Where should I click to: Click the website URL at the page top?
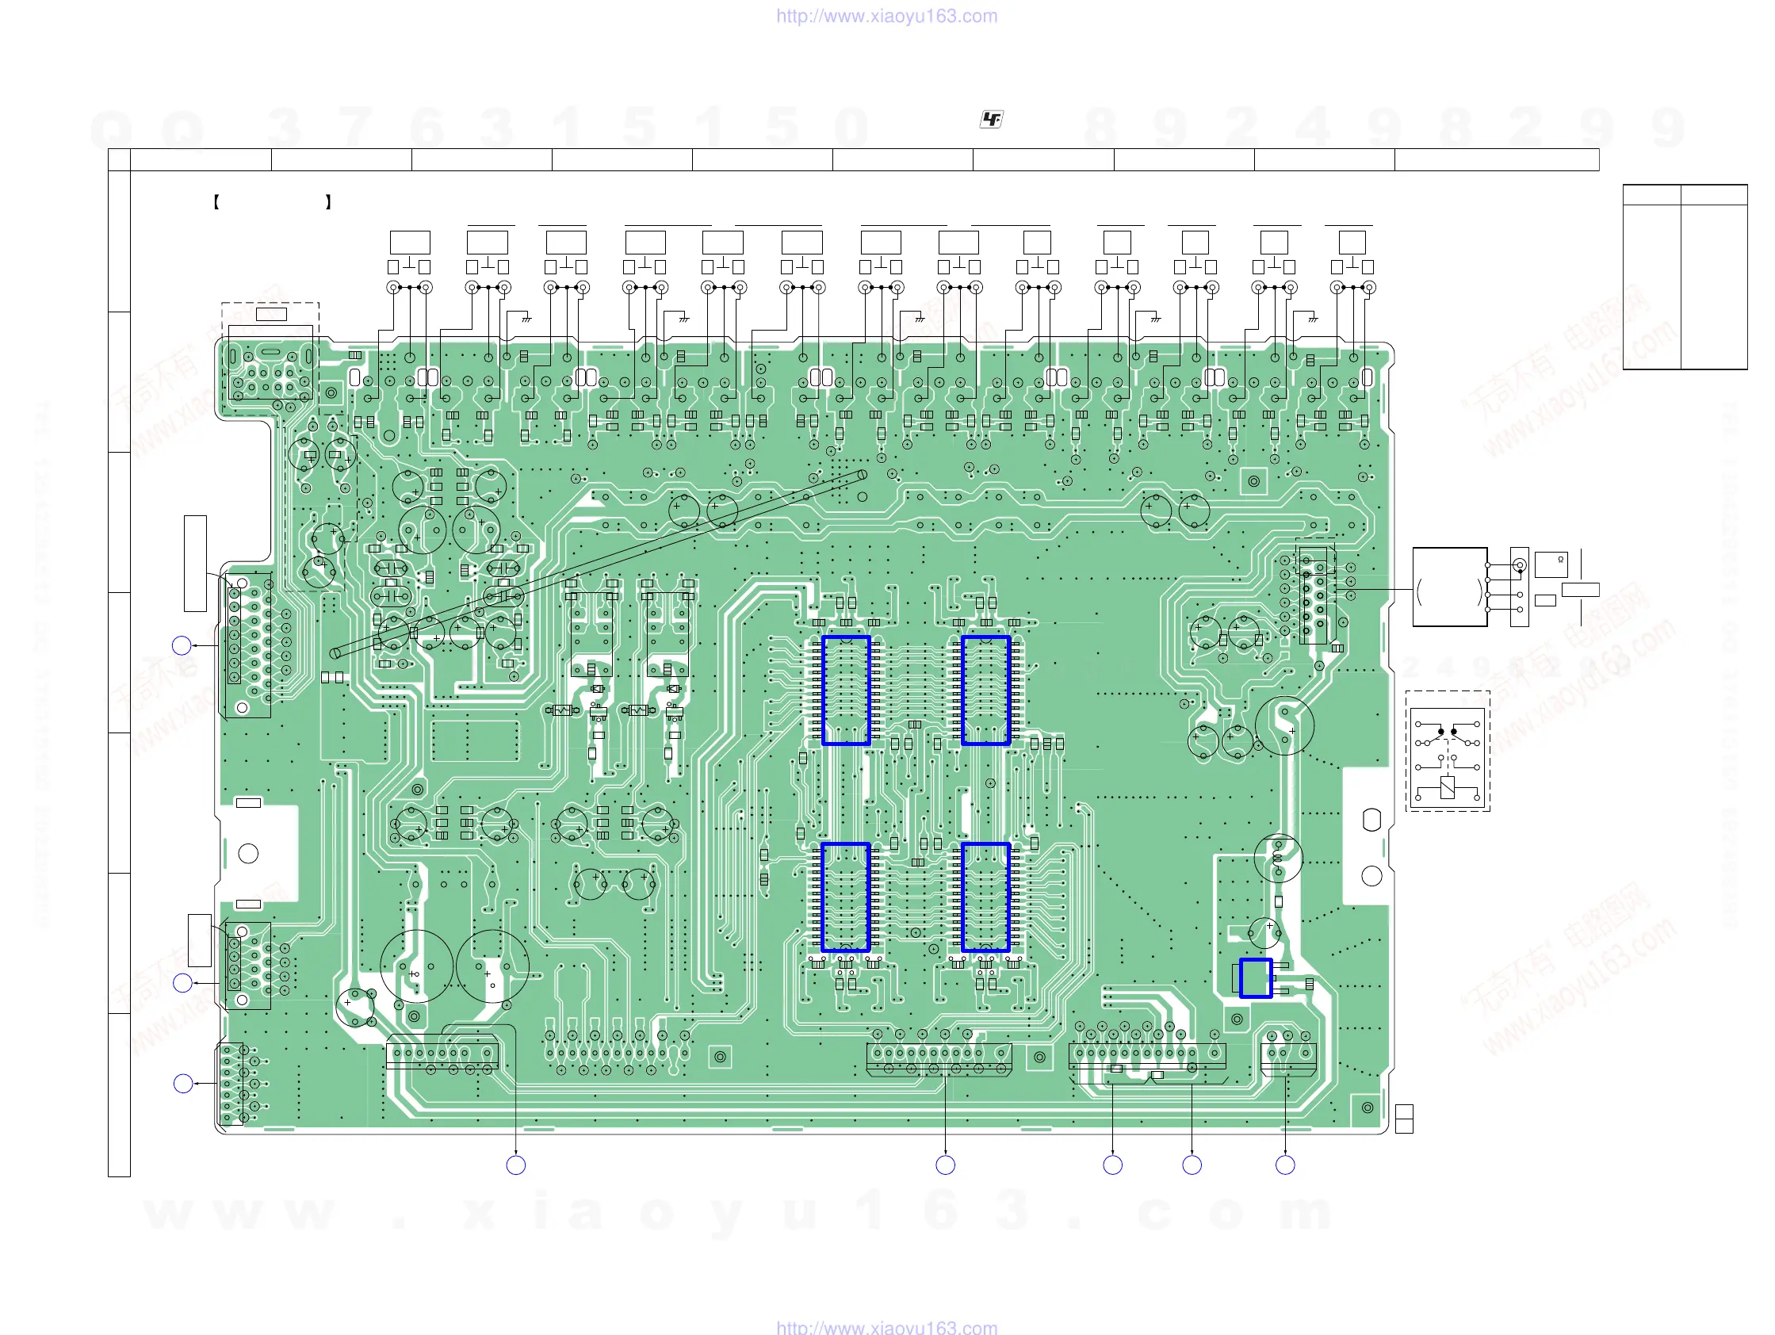[x=886, y=16]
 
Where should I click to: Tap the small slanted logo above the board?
[x=992, y=120]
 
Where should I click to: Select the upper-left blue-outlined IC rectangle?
[x=846, y=690]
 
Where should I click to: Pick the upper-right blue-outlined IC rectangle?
[x=985, y=690]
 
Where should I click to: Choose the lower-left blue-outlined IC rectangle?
[x=846, y=897]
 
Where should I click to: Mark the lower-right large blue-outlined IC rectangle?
[x=985, y=897]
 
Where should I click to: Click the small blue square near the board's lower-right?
[x=1255, y=978]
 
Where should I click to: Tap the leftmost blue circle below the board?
[x=516, y=1165]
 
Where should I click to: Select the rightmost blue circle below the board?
[x=1285, y=1165]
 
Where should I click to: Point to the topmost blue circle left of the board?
[x=182, y=645]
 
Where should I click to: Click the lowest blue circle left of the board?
[x=183, y=1084]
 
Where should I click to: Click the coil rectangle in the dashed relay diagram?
[x=1447, y=788]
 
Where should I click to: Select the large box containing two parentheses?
[x=1449, y=587]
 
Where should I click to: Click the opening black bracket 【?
[x=216, y=202]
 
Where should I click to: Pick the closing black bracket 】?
[x=328, y=202]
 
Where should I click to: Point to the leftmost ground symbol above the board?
[x=526, y=319]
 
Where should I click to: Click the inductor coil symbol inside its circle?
[x=1277, y=858]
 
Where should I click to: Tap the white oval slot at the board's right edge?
[x=1371, y=819]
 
